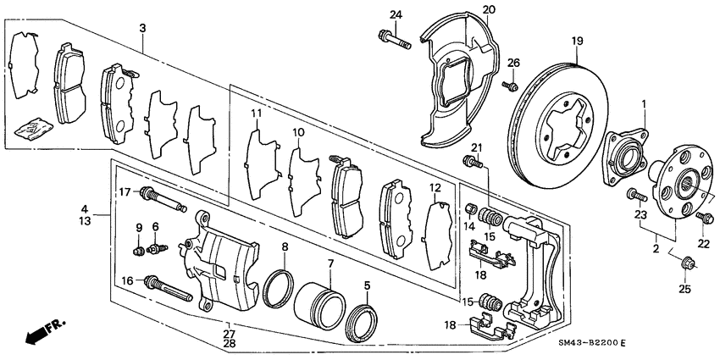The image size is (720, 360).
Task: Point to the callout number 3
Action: click(143, 28)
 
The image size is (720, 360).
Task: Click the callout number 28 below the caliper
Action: click(230, 344)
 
